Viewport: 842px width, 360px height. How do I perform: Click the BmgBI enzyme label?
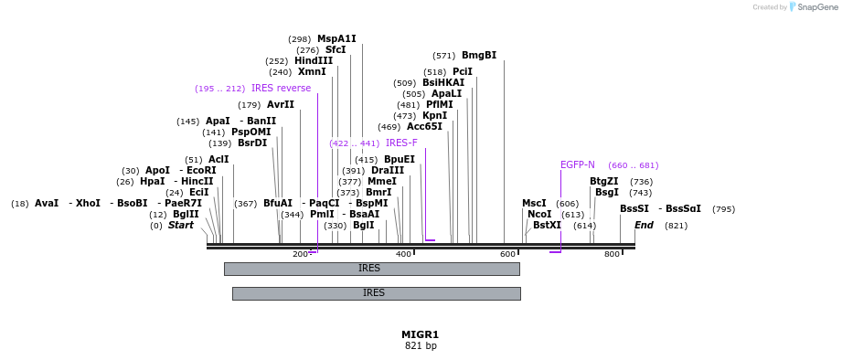(x=479, y=55)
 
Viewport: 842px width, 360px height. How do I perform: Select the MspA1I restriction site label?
(x=336, y=38)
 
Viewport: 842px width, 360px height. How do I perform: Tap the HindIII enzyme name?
(x=314, y=60)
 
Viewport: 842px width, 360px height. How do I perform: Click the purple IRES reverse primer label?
(x=281, y=88)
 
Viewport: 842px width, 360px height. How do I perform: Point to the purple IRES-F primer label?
(x=401, y=143)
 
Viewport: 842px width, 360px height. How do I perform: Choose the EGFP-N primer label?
(x=577, y=164)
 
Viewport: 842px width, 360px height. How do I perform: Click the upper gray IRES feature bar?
(x=371, y=269)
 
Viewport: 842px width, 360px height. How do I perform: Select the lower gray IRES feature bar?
(x=376, y=293)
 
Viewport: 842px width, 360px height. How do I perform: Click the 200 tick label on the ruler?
(x=300, y=254)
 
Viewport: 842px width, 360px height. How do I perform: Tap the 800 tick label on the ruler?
(x=612, y=254)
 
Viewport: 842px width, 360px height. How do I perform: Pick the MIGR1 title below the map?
(x=421, y=334)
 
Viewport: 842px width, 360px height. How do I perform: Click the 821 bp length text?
(x=421, y=346)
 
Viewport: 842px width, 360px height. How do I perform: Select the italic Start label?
(x=180, y=225)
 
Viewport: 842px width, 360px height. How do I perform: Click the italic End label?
(x=644, y=225)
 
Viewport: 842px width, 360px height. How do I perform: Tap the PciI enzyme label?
(x=463, y=71)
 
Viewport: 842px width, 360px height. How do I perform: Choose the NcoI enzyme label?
(x=539, y=214)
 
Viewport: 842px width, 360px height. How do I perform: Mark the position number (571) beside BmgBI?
(x=443, y=55)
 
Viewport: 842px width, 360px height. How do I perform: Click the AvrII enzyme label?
(x=281, y=104)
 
